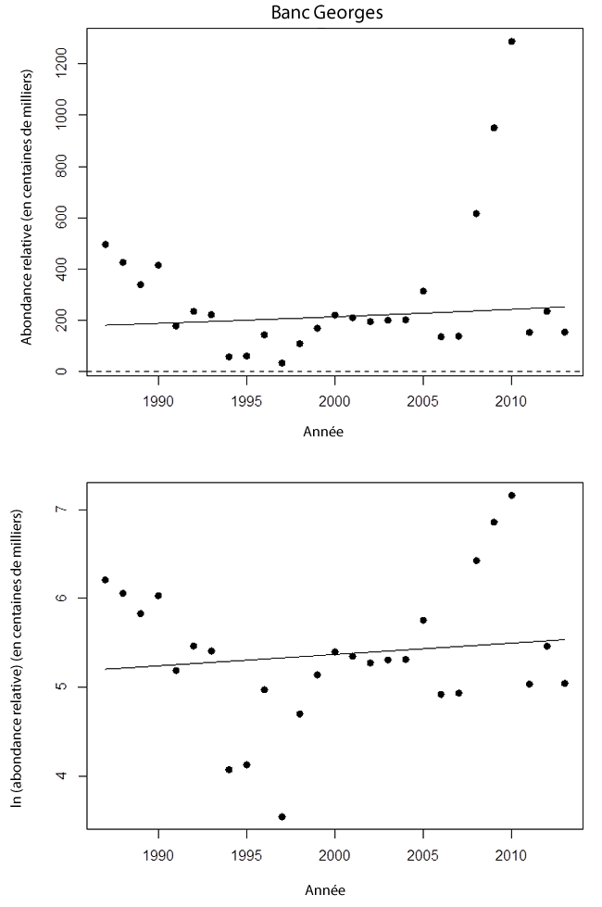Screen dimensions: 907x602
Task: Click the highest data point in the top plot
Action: [511, 42]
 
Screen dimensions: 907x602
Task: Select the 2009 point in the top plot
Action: [494, 128]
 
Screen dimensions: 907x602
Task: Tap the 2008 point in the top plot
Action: [476, 213]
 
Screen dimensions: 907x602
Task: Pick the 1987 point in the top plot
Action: [106, 245]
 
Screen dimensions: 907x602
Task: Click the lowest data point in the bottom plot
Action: [282, 816]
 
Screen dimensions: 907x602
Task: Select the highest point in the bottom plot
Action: [511, 496]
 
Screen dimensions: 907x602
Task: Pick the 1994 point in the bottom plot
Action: [229, 770]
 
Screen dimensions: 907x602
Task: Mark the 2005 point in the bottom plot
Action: [423, 620]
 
